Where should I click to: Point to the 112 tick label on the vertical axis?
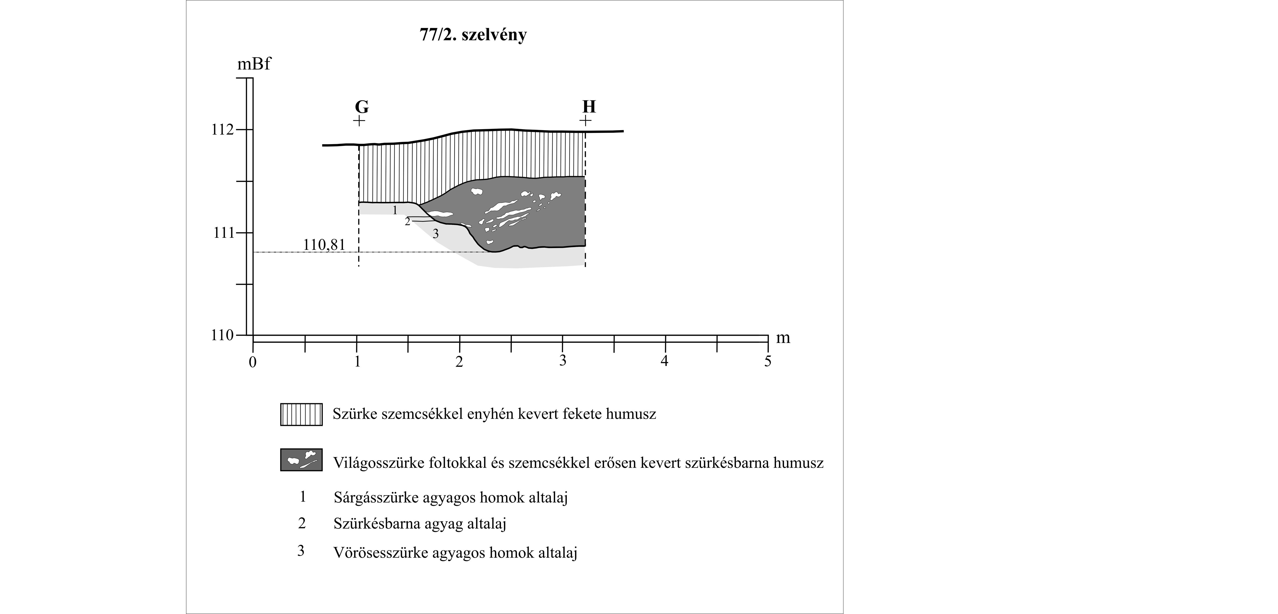point(222,130)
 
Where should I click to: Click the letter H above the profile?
point(589,107)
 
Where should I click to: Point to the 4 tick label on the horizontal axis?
point(664,361)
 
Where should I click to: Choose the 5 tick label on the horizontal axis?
point(768,361)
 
